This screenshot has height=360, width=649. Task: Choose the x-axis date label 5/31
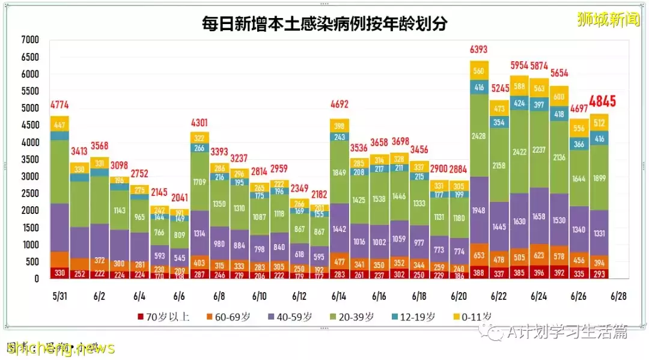(59, 296)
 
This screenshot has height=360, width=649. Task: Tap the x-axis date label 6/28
(620, 296)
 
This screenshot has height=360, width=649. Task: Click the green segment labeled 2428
(479, 135)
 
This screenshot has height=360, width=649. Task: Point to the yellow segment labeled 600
(559, 97)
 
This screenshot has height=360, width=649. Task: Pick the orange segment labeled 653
(479, 255)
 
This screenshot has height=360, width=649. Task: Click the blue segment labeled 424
(519, 103)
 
